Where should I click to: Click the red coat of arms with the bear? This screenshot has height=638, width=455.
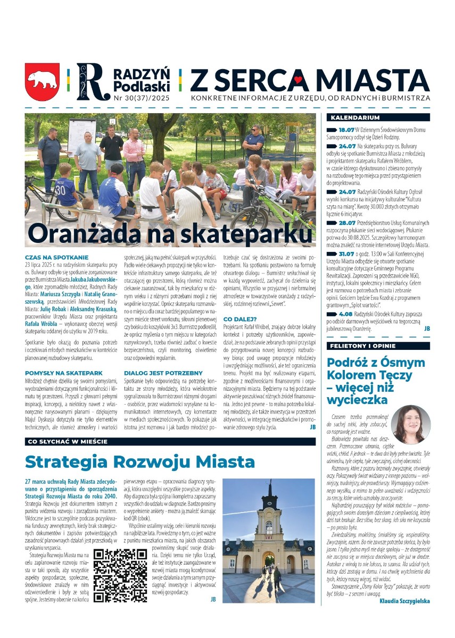point(42,82)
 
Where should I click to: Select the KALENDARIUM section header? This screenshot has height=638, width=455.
point(355,117)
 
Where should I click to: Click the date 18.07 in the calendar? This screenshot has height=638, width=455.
point(346,130)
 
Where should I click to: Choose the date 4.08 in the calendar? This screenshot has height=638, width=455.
point(345,314)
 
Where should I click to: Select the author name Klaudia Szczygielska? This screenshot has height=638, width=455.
point(405,601)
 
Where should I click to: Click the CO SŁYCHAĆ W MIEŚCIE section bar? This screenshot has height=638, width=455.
point(67,441)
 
